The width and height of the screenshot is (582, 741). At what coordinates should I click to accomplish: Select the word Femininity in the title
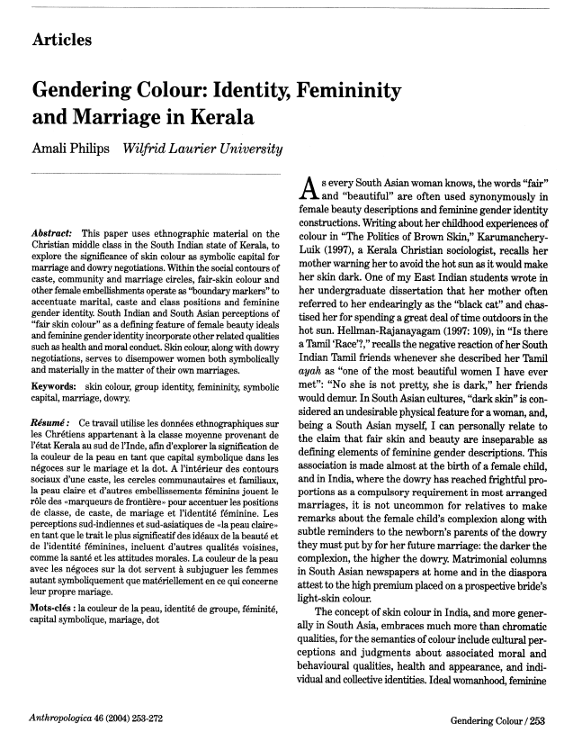click(x=346, y=90)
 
